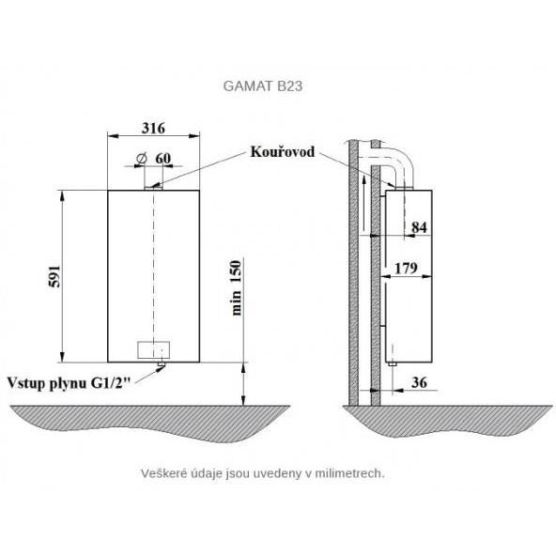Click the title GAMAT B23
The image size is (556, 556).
pos(263,86)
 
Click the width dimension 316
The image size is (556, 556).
pos(153,128)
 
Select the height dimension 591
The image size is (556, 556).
pos(54,276)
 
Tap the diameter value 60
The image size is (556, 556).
pos(163,158)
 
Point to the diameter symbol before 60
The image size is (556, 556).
pos(141,158)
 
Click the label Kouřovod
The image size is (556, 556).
pos(283,152)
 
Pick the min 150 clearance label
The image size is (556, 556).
pos(236,287)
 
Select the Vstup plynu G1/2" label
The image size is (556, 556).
pos(69,383)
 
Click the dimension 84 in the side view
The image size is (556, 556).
pos(419,227)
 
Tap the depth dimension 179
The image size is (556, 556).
pos(406,268)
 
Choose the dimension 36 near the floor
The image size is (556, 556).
pos(419,382)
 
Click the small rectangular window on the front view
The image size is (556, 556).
pos(153,350)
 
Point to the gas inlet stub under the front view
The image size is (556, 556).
pos(162,364)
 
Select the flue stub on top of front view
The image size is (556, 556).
pos(153,188)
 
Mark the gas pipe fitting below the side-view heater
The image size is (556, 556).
pos(392,363)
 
